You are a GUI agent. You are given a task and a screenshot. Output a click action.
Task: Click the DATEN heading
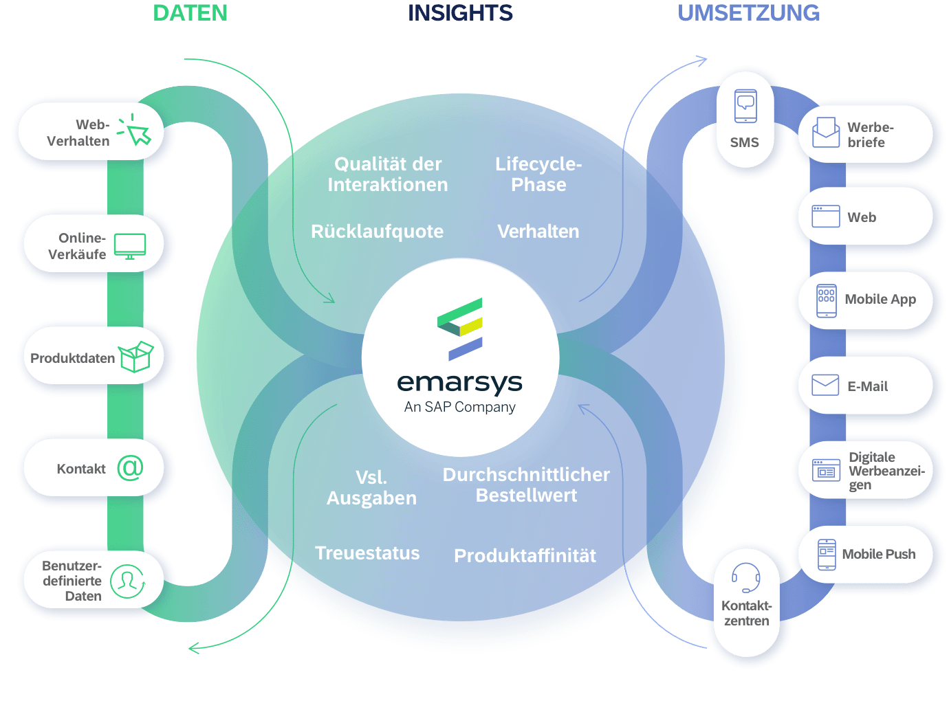190,13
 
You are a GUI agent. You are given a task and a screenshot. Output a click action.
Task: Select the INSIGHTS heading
460,13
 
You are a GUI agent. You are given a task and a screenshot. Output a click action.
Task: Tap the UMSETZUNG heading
749,13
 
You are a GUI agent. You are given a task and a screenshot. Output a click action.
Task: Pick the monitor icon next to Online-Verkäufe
130,246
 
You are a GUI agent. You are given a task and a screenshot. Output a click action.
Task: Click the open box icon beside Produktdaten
135,357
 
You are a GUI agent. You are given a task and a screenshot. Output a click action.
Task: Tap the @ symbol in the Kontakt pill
130,467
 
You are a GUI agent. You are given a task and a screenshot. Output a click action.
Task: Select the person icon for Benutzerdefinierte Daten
127,581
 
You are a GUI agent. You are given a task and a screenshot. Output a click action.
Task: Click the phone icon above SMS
745,107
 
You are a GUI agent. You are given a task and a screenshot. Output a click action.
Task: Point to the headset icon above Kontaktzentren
745,577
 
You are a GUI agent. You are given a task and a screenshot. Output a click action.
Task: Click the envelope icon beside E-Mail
825,385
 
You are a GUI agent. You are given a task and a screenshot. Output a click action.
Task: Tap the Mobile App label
880,299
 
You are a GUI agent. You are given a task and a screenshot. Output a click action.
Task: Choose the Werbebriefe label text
870,135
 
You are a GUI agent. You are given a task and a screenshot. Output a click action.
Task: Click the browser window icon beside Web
825,216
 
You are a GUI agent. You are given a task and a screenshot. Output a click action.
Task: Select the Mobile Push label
878,554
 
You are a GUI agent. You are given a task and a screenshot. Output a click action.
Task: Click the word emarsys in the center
459,382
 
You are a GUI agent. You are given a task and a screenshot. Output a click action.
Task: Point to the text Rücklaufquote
377,232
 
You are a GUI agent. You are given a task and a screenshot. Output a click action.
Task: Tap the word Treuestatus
367,553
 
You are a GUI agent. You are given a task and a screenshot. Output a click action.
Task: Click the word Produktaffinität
525,556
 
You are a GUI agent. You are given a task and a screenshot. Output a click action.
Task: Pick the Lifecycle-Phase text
538,174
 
